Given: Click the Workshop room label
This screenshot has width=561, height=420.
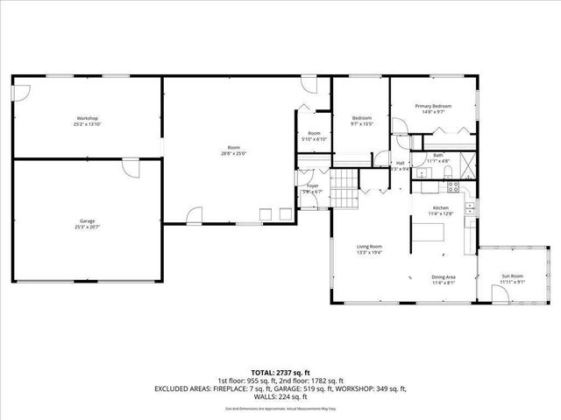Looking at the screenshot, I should click(x=86, y=118).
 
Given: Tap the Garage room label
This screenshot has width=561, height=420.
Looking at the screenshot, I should click(x=87, y=220).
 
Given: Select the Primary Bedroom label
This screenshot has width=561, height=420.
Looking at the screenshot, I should click(x=434, y=106).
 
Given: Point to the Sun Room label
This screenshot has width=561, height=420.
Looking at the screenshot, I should click(x=512, y=276).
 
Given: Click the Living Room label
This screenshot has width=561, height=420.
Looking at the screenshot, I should click(x=369, y=247).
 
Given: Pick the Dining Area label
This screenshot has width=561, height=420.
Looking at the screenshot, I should click(x=443, y=277).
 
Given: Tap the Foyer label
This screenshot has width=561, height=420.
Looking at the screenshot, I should click(x=312, y=185).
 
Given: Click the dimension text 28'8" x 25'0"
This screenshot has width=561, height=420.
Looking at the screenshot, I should click(x=233, y=152).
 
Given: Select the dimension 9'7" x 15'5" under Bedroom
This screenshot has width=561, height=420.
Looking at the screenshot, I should click(x=362, y=124).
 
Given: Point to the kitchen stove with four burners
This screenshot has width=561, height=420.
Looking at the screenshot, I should click(x=453, y=185).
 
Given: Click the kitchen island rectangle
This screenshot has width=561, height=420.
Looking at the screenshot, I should click(x=430, y=232).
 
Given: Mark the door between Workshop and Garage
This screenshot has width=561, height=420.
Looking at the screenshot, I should click(x=130, y=167).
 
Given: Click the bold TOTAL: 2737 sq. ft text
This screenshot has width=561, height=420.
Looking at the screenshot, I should click(x=280, y=372).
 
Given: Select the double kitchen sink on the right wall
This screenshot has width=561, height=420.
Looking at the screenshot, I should click(x=470, y=208).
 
